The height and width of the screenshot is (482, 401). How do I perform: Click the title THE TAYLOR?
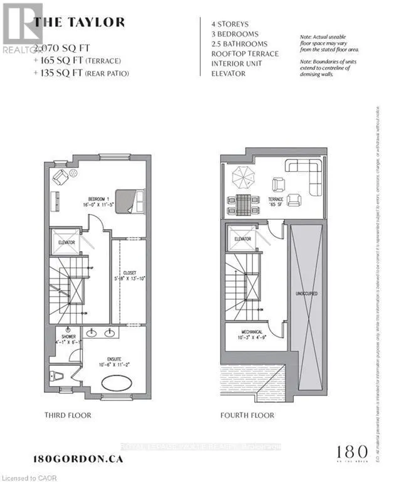coord(79,23)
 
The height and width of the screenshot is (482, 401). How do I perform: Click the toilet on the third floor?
coord(55,377)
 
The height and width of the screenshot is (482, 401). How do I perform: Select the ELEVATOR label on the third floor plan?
coord(67,242)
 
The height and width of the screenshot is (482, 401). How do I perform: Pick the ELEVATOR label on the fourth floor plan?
coord(242,239)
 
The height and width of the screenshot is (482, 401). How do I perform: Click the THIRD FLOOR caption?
coord(68,415)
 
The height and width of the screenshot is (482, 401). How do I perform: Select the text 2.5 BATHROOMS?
coord(239,44)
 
